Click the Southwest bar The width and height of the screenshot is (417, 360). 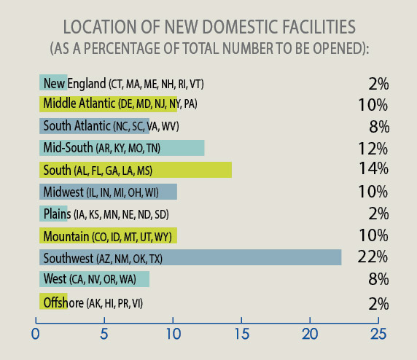pos(190,257)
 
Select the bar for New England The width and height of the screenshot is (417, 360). pos(53,82)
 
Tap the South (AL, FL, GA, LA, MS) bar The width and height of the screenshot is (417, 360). pos(135,170)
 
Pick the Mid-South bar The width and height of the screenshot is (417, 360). pos(121,148)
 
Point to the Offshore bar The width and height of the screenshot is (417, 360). pos(53,301)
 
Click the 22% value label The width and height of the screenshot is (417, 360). pos(372,257)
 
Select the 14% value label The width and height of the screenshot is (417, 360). pos(372,170)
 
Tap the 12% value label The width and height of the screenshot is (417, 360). pos(372,148)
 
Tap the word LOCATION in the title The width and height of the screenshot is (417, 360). pos(100,28)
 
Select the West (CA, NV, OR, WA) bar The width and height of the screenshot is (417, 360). pos(94,279)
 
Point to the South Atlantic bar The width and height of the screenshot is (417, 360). pos(94,126)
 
